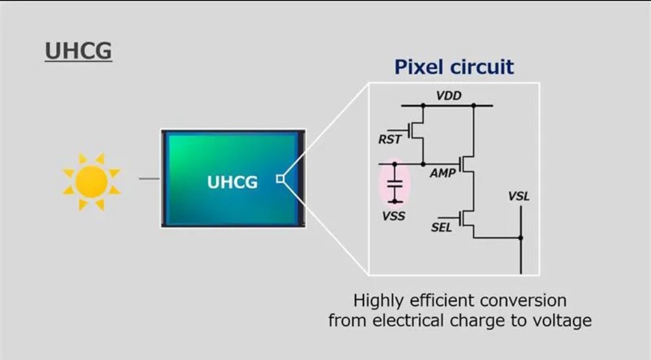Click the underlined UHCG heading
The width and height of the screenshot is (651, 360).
pos(79,51)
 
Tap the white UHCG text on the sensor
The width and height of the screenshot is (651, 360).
pos(232,182)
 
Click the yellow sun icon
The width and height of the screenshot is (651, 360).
pos(91,182)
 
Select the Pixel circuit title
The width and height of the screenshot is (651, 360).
pos(454,67)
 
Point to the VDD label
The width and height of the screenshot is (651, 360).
pos(449,96)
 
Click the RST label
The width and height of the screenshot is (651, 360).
pos(389,139)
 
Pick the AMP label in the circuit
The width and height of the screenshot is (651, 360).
pos(443,173)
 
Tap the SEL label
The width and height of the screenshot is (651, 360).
pos(441,228)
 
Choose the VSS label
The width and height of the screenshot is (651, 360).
pos(394,216)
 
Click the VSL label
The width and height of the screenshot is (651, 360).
pos(519,197)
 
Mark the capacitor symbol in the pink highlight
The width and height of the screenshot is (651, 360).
pos(395,183)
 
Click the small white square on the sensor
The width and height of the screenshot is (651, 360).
pos(280,178)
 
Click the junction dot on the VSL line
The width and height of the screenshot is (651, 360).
pos(521,238)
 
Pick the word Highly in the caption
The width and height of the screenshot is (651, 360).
pos(378,301)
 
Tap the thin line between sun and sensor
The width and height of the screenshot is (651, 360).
pos(149,179)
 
